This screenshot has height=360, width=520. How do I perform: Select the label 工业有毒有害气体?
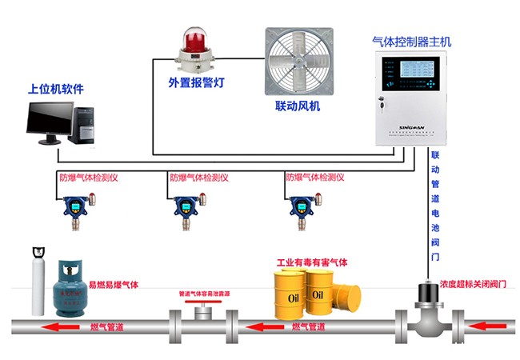[x=313, y=262]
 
